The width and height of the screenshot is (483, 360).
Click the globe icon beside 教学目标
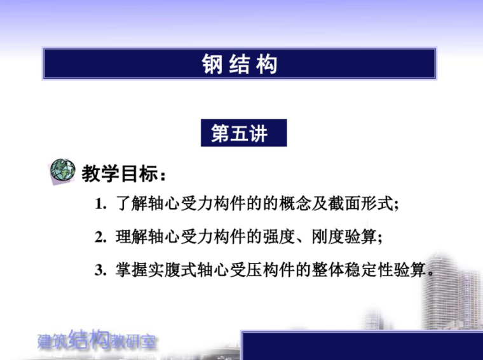click(62, 170)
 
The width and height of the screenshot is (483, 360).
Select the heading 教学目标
click(125, 172)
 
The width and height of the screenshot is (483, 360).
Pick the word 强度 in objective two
click(277, 238)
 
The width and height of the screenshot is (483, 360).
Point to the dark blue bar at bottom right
click(362, 346)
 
